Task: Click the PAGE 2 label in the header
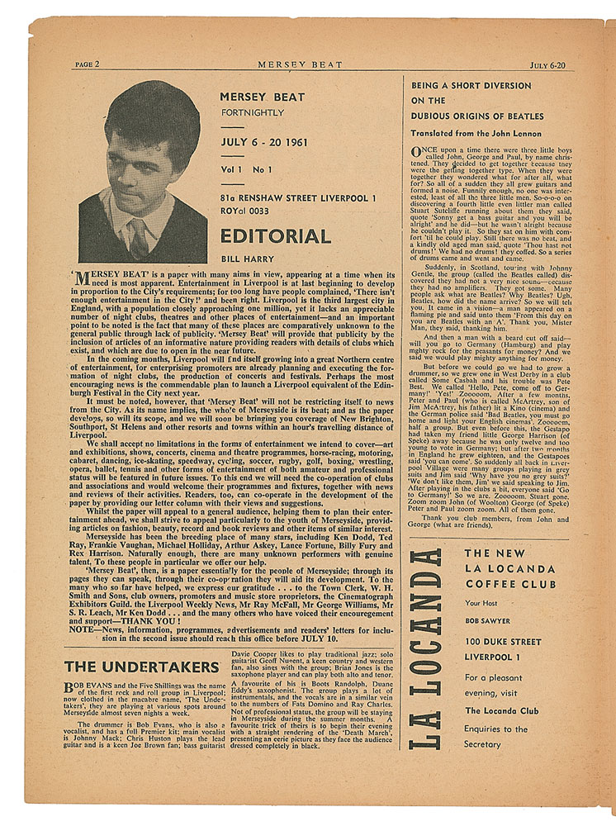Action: [87, 64]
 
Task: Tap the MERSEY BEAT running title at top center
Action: [300, 64]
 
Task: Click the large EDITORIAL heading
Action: [275, 237]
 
